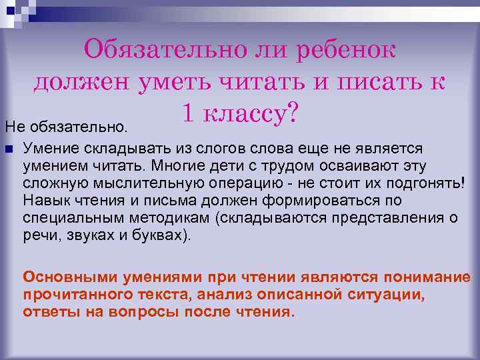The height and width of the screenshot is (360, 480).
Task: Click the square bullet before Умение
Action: pyautogui.click(x=8, y=147)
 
